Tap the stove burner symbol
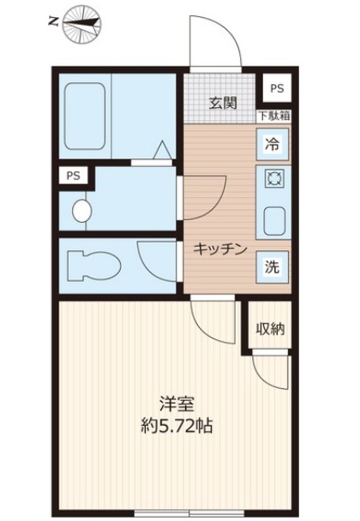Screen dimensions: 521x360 pyautogui.click(x=273, y=180)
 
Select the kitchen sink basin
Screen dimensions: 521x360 pyautogui.click(x=273, y=220)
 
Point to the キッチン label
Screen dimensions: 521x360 pyautogui.click(x=220, y=249)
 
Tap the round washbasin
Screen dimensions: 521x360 pyautogui.click(x=82, y=210)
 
